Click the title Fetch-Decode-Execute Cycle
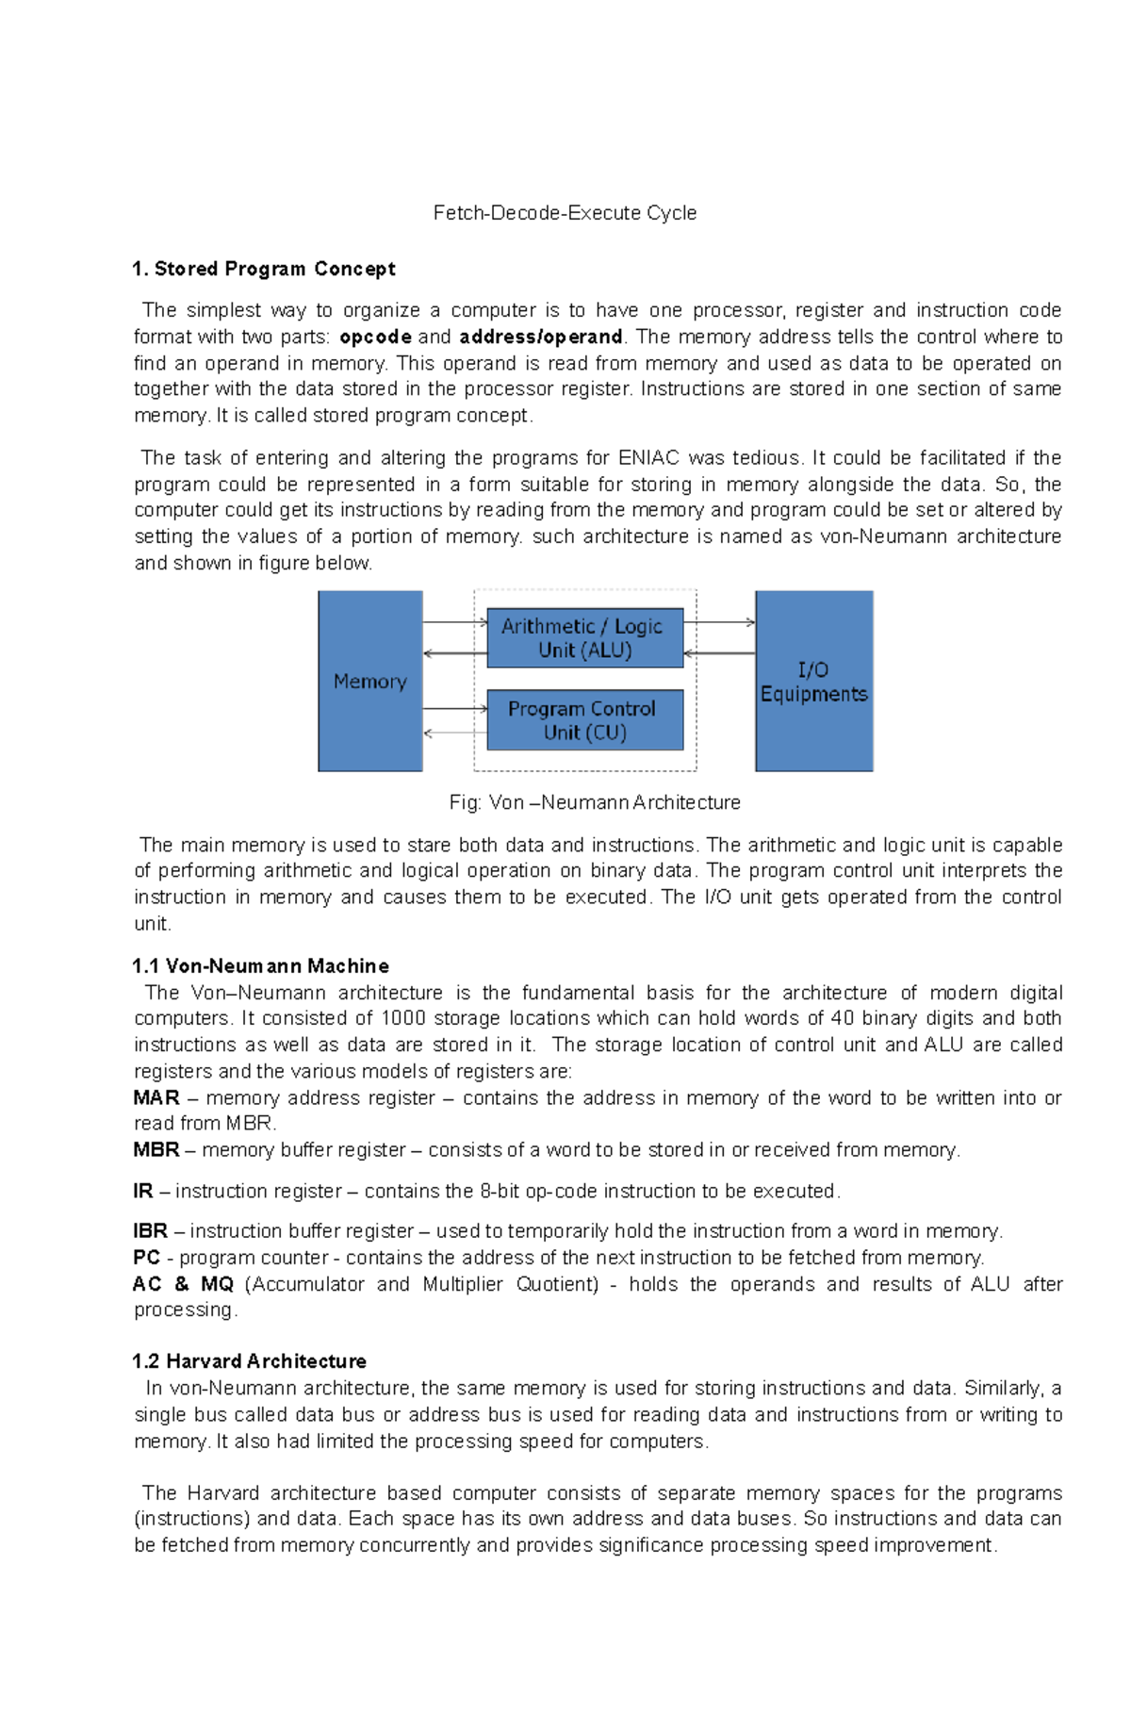tap(565, 213)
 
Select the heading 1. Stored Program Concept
tap(264, 269)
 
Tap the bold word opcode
tap(375, 337)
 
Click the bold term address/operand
tap(540, 337)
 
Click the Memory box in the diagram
tap(369, 681)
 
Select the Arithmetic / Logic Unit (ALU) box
tap(584, 638)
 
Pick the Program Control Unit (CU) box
tap(584, 720)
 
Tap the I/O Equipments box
tap(813, 681)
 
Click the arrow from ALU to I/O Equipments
tap(719, 622)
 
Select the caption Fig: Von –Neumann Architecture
tap(595, 802)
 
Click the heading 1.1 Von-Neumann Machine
tap(260, 966)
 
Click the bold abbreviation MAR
tap(156, 1097)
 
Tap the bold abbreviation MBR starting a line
tap(156, 1150)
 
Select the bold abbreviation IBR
tap(150, 1231)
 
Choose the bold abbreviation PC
tap(146, 1258)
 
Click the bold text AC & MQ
tap(183, 1284)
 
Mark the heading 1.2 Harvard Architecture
tap(249, 1361)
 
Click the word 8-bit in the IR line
tap(500, 1192)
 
